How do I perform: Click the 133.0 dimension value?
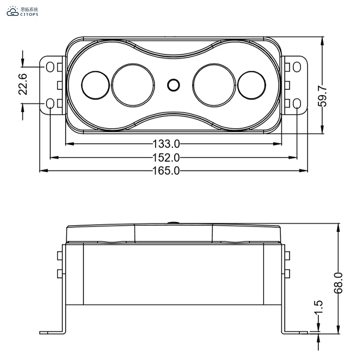(166, 144)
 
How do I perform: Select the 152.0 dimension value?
(166, 157)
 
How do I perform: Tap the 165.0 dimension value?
(166, 170)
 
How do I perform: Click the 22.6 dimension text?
(23, 84)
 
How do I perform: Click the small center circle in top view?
(173, 85)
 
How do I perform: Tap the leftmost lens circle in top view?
(96, 85)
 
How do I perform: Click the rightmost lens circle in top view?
(252, 85)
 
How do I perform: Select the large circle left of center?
(133, 84)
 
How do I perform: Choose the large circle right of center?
(214, 84)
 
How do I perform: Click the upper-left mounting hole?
(50, 66)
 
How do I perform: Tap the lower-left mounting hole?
(50, 103)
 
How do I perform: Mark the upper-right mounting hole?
(297, 66)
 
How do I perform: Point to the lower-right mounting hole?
(297, 103)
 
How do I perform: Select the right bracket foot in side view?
(295, 332)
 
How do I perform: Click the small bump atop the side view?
(173, 222)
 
